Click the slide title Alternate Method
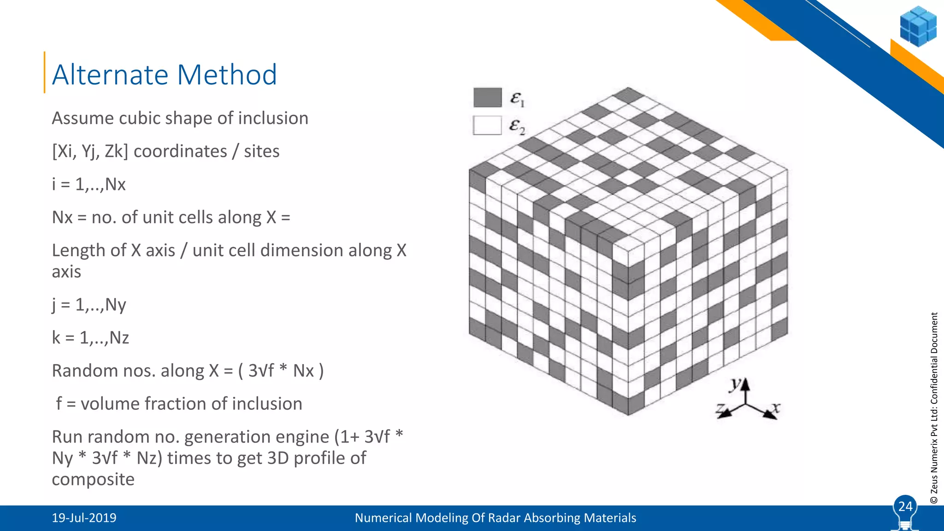click(164, 75)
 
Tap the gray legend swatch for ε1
click(487, 97)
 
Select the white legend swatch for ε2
click(487, 125)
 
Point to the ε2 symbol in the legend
click(517, 126)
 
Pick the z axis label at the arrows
click(720, 408)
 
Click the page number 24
click(905, 507)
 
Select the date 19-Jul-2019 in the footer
click(84, 518)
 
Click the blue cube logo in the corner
click(918, 26)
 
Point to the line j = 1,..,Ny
click(89, 305)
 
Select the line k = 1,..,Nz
click(90, 338)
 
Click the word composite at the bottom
click(93, 479)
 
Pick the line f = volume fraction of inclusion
click(179, 404)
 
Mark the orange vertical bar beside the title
click(45, 72)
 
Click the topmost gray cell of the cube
click(629, 95)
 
